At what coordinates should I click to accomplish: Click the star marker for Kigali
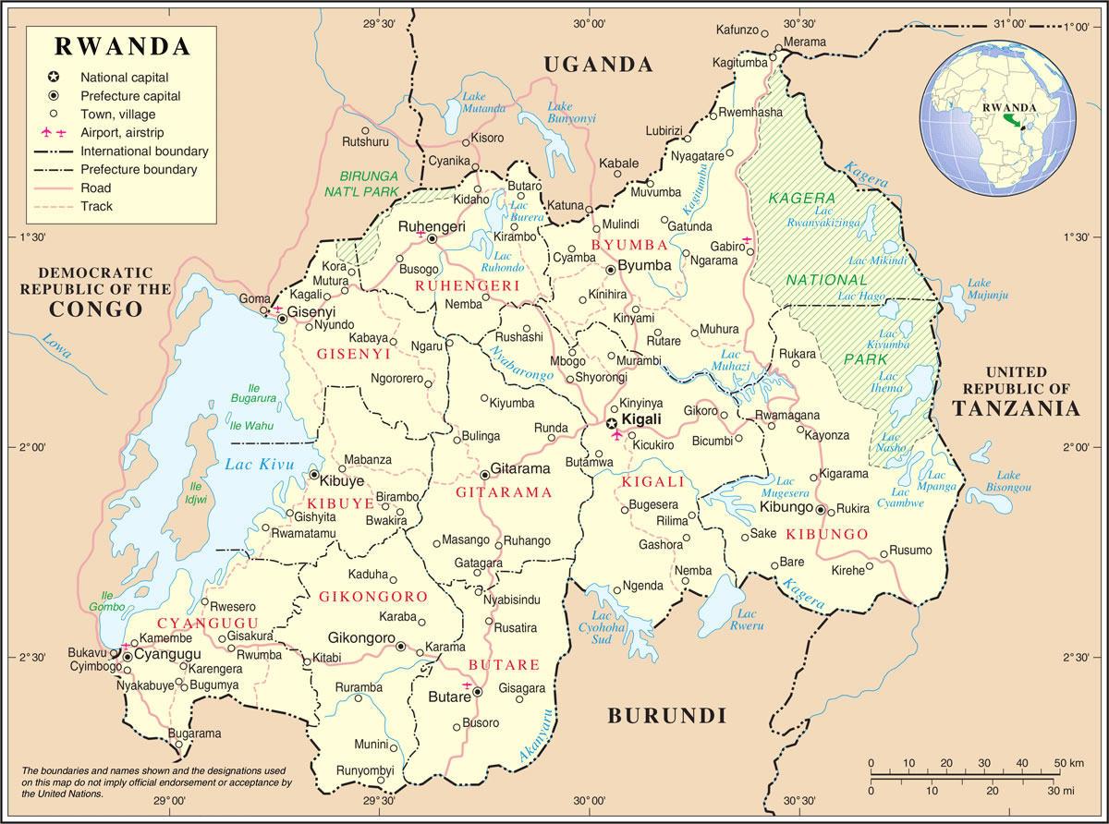(611, 422)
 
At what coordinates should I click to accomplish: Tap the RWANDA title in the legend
(122, 46)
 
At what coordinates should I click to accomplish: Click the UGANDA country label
(598, 65)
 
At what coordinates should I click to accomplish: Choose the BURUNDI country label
(665, 715)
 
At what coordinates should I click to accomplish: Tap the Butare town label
(449, 697)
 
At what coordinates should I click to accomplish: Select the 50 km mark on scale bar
(1060, 763)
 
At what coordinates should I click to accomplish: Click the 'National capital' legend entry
(124, 78)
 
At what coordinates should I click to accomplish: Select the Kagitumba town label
(740, 62)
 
